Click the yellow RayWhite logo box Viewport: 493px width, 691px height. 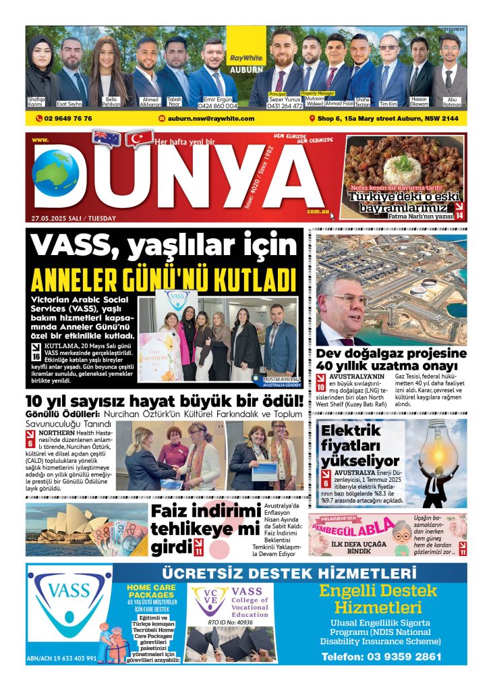coord(246,48)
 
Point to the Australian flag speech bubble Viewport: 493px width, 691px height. coord(106,138)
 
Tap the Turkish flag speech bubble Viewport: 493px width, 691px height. coord(140,138)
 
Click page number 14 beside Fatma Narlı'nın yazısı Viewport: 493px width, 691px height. coord(459,215)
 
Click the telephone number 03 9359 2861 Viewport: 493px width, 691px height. coord(381,656)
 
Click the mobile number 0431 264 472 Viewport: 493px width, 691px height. coord(285,106)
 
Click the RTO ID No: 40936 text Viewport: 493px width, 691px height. coord(230,622)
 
